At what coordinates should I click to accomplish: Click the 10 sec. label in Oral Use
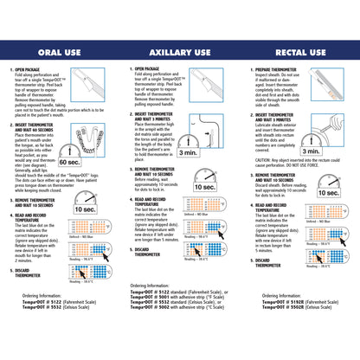pos(85,209)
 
